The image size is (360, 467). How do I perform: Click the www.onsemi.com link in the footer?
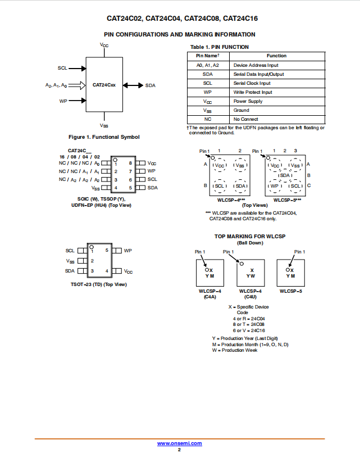pyautogui.click(x=180, y=443)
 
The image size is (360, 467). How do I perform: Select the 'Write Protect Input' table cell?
pyautogui.click(x=253, y=92)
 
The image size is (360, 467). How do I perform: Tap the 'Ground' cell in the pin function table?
pyautogui.click(x=241, y=110)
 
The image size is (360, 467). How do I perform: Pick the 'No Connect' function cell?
pyautogui.click(x=245, y=119)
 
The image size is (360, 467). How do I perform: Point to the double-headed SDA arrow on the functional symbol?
pyautogui.click(x=133, y=85)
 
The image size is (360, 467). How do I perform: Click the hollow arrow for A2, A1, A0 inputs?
pyautogui.click(x=77, y=85)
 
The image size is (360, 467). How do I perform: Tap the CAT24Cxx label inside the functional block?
pyautogui.click(x=104, y=85)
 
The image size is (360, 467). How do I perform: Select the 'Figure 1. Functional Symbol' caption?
pyautogui.click(x=104, y=137)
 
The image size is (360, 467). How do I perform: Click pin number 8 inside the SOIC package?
pyautogui.click(x=130, y=163)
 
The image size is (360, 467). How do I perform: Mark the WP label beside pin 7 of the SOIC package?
pyautogui.click(x=151, y=171)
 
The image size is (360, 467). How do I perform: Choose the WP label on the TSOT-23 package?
pyautogui.click(x=127, y=251)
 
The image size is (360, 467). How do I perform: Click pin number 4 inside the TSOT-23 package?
pyautogui.click(x=107, y=271)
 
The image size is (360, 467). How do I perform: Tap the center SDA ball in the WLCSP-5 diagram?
pyautogui.click(x=285, y=175)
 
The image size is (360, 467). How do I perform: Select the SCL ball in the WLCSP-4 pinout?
pyautogui.click(x=220, y=186)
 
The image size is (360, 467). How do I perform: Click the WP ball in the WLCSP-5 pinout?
pyautogui.click(x=275, y=186)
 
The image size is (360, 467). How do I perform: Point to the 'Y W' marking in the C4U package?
pyautogui.click(x=250, y=276)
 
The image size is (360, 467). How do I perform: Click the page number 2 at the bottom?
pyautogui.click(x=179, y=450)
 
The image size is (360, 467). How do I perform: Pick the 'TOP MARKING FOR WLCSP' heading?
pyautogui.click(x=250, y=237)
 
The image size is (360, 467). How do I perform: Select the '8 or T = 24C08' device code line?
pyautogui.click(x=249, y=324)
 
